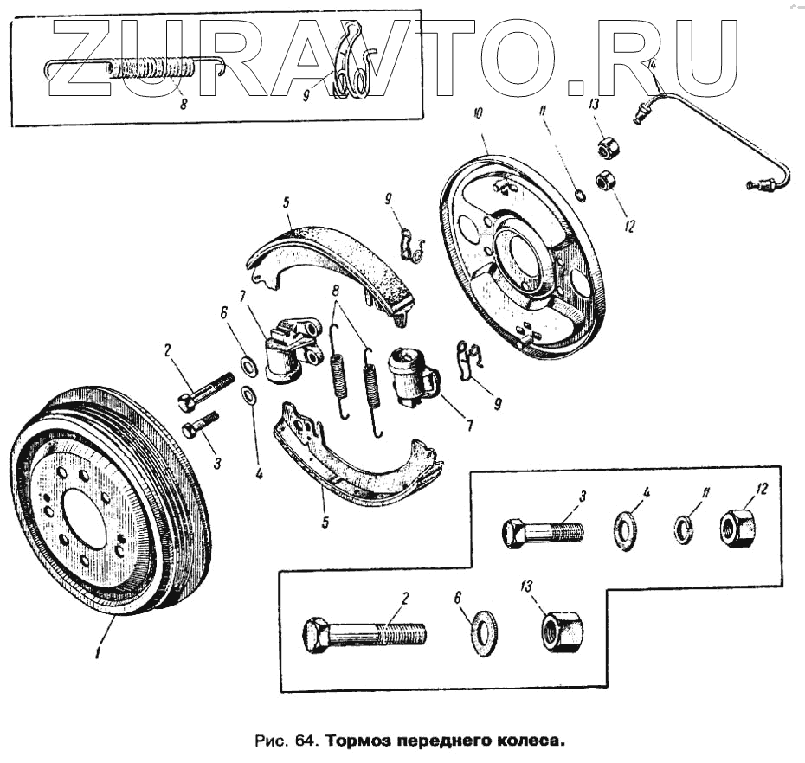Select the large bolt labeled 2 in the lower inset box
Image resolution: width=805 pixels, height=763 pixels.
364,635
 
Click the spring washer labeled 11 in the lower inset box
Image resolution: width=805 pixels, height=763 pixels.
684,527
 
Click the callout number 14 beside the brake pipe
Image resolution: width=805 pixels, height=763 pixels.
653,64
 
